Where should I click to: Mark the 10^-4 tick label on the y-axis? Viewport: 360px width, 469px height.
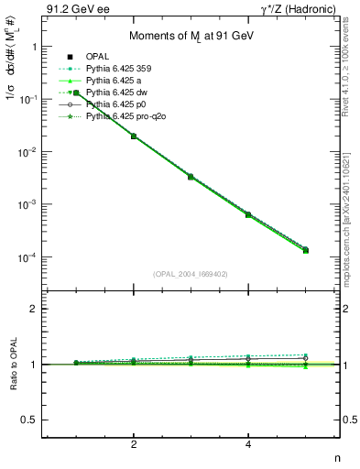27,257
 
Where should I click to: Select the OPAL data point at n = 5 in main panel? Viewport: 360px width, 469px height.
305,250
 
